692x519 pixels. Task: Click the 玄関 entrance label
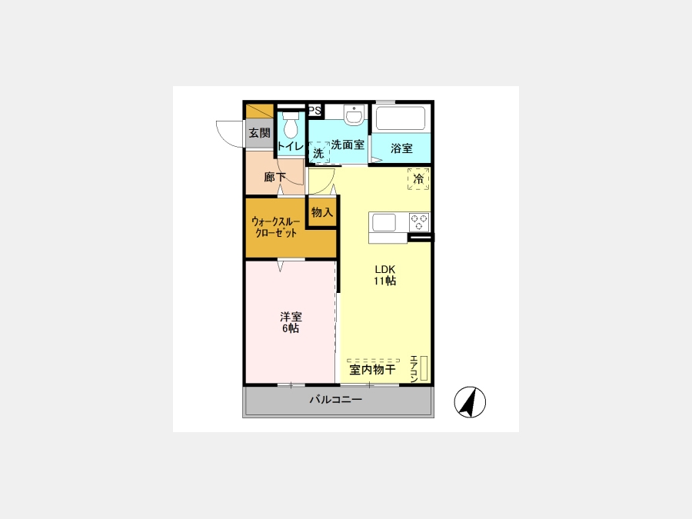[260, 133]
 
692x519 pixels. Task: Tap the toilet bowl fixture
[290, 124]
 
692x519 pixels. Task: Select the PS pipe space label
[314, 110]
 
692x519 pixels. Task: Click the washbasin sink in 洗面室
[354, 115]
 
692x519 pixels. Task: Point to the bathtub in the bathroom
[401, 118]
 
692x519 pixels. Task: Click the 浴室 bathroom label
[401, 148]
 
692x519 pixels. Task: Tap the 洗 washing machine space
[318, 153]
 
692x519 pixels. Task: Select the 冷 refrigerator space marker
[418, 178]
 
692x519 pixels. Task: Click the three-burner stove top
[419, 222]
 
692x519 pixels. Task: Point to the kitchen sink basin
[384, 222]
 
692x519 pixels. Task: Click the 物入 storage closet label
[322, 212]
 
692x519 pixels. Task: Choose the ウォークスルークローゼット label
[276, 227]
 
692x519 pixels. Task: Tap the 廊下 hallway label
[275, 177]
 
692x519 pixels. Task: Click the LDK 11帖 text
[385, 275]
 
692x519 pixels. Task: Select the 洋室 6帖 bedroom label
[291, 323]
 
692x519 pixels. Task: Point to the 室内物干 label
[372, 369]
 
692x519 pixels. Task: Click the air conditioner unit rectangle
[424, 368]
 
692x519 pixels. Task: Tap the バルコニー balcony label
[336, 400]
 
